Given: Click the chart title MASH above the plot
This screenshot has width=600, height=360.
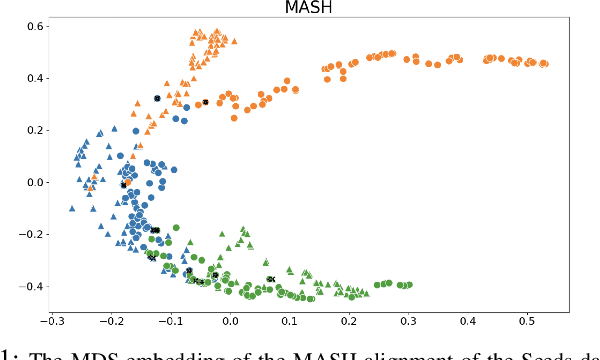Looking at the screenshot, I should pyautogui.click(x=300, y=8).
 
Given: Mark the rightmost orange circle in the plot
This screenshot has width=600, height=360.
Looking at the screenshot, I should pyautogui.click(x=544, y=64).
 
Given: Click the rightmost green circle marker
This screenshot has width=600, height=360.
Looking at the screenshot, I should pyautogui.click(x=409, y=285).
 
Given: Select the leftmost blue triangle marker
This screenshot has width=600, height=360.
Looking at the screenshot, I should pyautogui.click(x=71, y=208).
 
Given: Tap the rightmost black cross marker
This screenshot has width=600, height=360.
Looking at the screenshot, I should pyautogui.click(x=270, y=279).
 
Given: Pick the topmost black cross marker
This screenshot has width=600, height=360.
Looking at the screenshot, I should pyautogui.click(x=157, y=98).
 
